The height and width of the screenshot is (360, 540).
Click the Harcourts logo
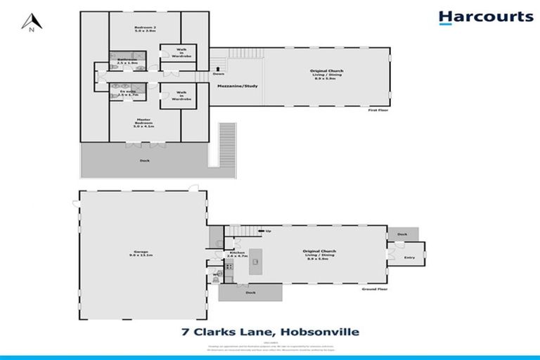click(x=485, y=18)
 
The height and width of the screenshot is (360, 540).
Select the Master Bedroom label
click(x=144, y=122)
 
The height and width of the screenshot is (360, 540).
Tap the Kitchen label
click(x=236, y=255)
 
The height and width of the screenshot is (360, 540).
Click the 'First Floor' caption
click(x=378, y=111)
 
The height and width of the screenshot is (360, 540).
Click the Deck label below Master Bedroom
click(x=144, y=160)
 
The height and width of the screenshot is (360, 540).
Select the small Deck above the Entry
click(x=402, y=234)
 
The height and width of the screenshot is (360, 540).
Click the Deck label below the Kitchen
click(x=250, y=292)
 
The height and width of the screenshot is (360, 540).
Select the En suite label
click(x=127, y=92)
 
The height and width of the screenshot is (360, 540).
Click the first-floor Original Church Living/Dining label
click(x=328, y=73)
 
